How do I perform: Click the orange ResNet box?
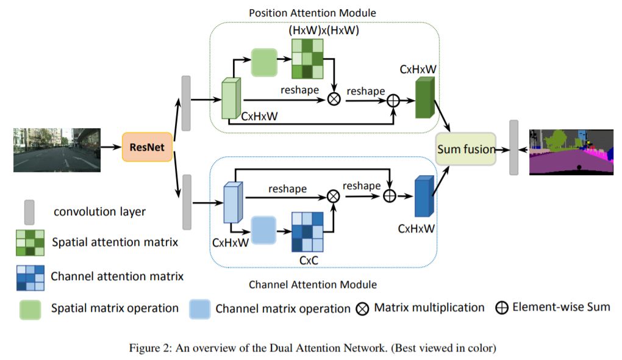(x=148, y=147)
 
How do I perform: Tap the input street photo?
(x=57, y=149)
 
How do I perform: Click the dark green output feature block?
(x=424, y=98)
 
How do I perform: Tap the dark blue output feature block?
(x=423, y=196)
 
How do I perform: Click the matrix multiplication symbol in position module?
(x=334, y=99)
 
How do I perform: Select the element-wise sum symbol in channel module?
(x=388, y=195)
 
